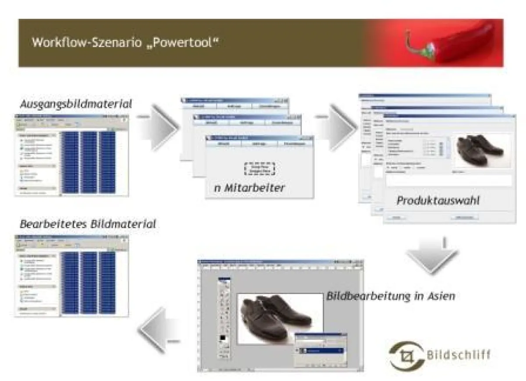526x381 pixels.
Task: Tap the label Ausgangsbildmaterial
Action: (76, 104)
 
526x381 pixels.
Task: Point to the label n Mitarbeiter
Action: (249, 188)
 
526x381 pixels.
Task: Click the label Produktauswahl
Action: (437, 201)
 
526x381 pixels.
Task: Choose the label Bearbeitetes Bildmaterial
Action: (88, 224)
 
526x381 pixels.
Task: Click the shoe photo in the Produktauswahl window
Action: (481, 151)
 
